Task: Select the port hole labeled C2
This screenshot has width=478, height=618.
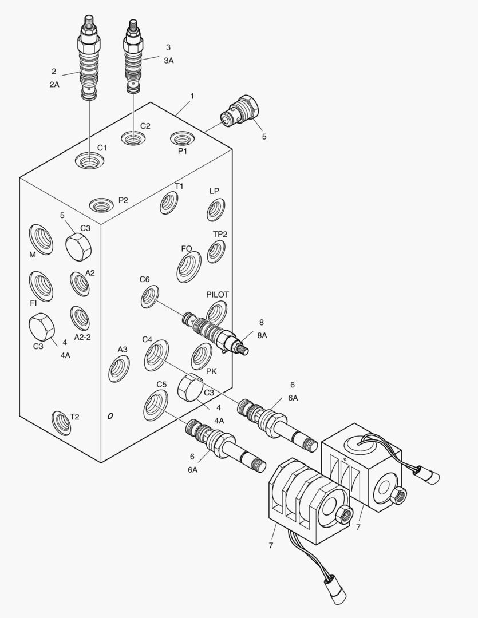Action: tap(133, 138)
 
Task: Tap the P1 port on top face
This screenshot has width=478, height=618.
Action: tap(183, 138)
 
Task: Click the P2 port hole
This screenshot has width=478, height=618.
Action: tap(102, 204)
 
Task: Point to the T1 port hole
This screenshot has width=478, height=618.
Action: tap(169, 203)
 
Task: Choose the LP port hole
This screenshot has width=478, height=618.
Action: tap(215, 209)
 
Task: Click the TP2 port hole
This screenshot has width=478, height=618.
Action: tap(216, 251)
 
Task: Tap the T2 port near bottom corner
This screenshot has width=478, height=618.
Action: tap(61, 422)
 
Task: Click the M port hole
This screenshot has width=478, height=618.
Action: tap(41, 239)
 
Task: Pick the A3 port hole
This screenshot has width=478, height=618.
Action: tap(119, 369)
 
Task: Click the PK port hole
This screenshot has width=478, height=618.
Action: tap(202, 356)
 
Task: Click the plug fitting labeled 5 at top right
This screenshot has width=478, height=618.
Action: tap(240, 111)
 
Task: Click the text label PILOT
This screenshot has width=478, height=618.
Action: tap(218, 295)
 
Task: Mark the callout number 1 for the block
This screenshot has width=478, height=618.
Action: tap(192, 96)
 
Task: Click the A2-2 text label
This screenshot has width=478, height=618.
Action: tap(82, 338)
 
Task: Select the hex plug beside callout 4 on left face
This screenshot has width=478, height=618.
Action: tap(41, 328)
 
